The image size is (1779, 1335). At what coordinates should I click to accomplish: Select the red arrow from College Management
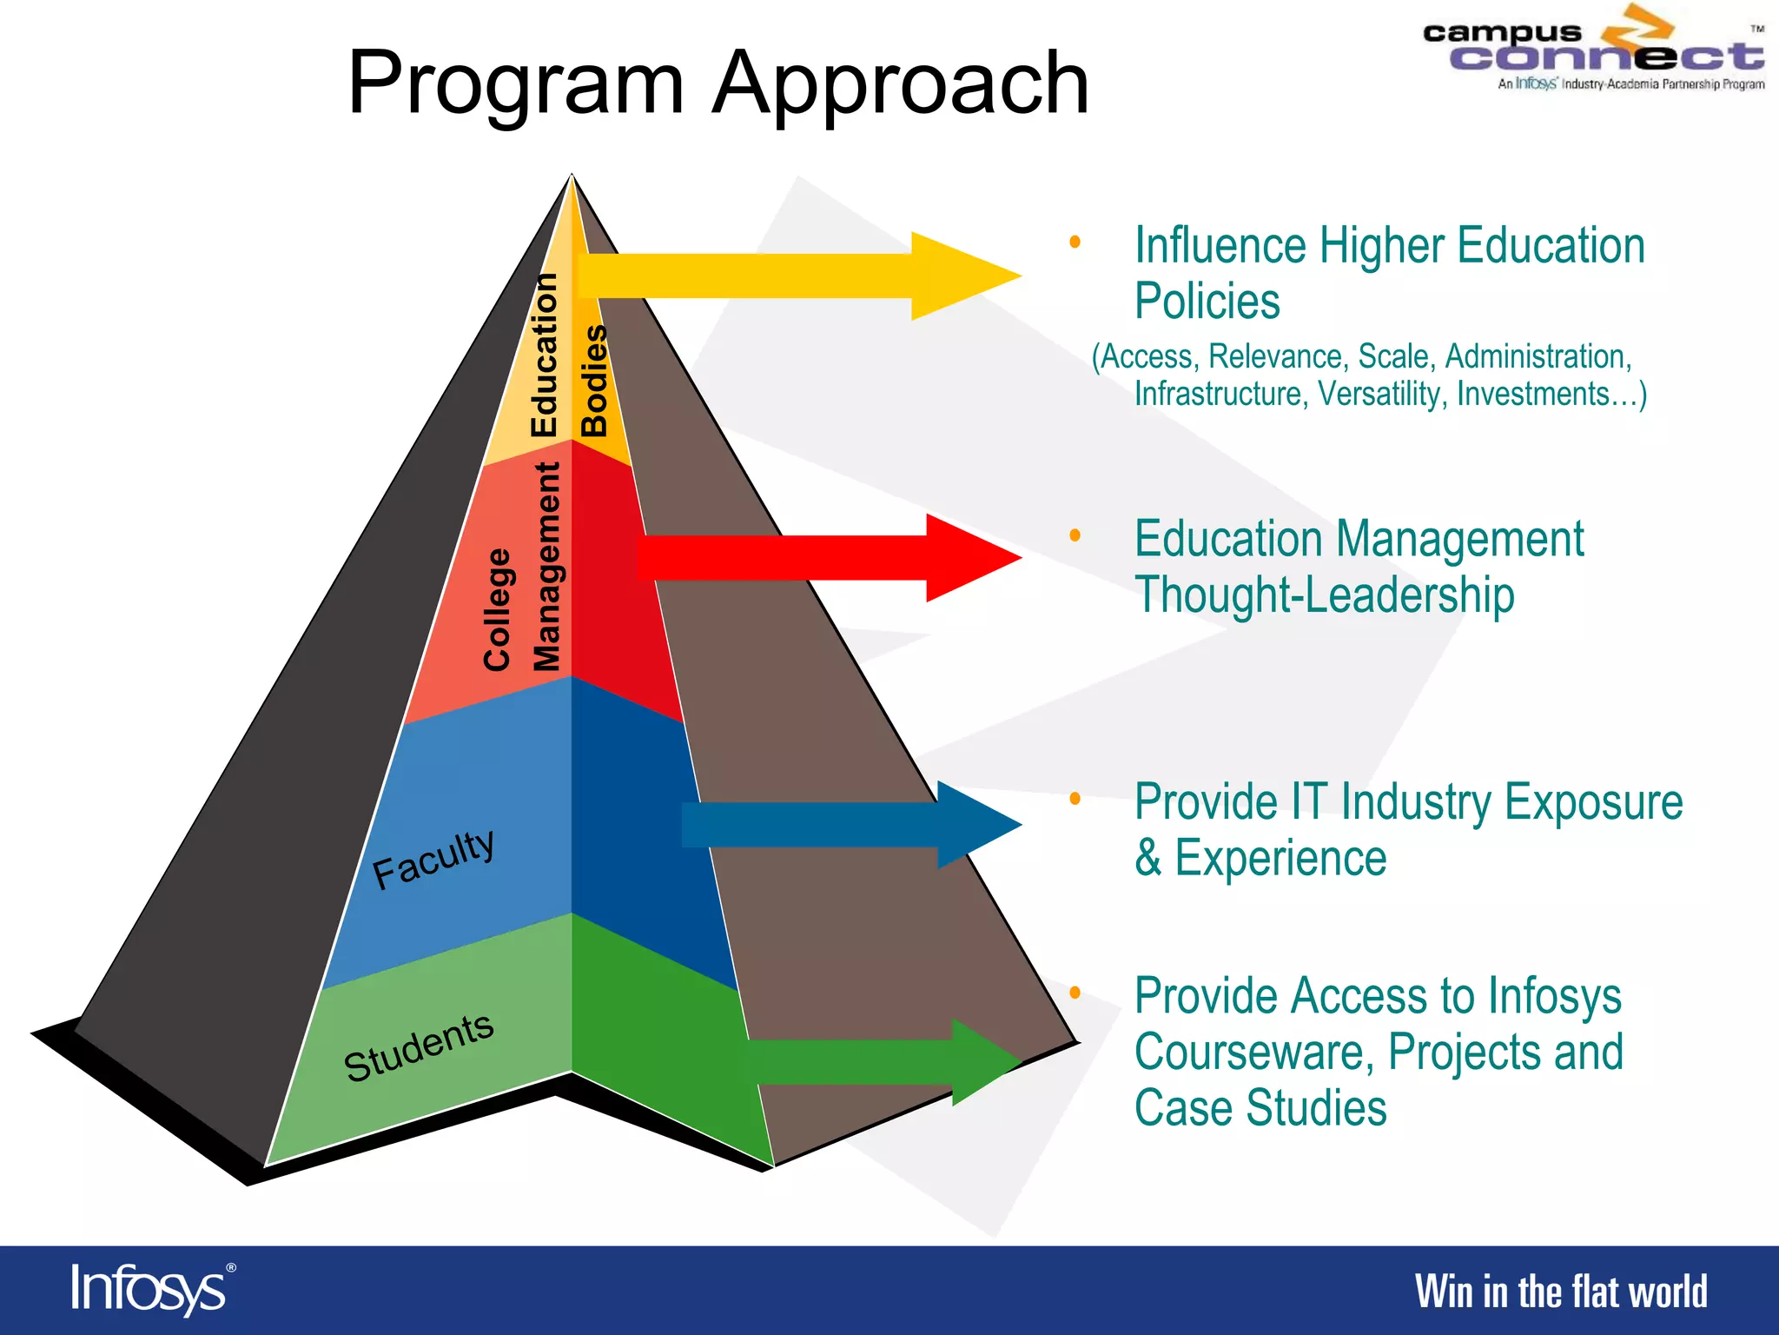click(825, 558)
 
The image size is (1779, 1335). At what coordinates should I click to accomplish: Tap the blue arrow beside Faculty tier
click(851, 824)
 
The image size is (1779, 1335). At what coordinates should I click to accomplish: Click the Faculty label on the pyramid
click(433, 858)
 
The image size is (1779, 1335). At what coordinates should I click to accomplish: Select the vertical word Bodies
click(595, 381)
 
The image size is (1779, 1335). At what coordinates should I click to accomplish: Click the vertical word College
click(498, 609)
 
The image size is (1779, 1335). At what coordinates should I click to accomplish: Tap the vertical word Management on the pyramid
click(547, 567)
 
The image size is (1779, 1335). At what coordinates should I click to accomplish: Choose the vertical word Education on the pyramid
click(545, 355)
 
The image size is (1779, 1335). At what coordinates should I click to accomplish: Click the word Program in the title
click(516, 84)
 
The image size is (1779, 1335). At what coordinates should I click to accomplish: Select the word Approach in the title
click(900, 84)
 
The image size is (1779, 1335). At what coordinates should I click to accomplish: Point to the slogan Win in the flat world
click(1561, 1292)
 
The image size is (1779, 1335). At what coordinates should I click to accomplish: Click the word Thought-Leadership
click(1324, 596)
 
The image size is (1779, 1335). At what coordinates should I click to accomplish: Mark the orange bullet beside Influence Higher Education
click(1075, 242)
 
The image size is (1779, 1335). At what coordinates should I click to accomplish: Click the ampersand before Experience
click(1148, 859)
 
